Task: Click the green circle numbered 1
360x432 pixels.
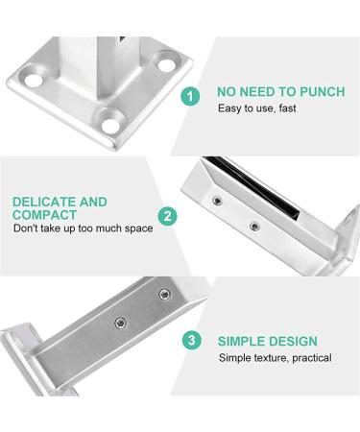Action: pyautogui.click(x=192, y=96)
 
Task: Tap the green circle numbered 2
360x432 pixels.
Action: pyautogui.click(x=167, y=217)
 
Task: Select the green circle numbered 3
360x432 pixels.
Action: pyautogui.click(x=193, y=340)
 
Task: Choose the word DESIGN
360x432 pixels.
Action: pyautogui.click(x=294, y=341)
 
